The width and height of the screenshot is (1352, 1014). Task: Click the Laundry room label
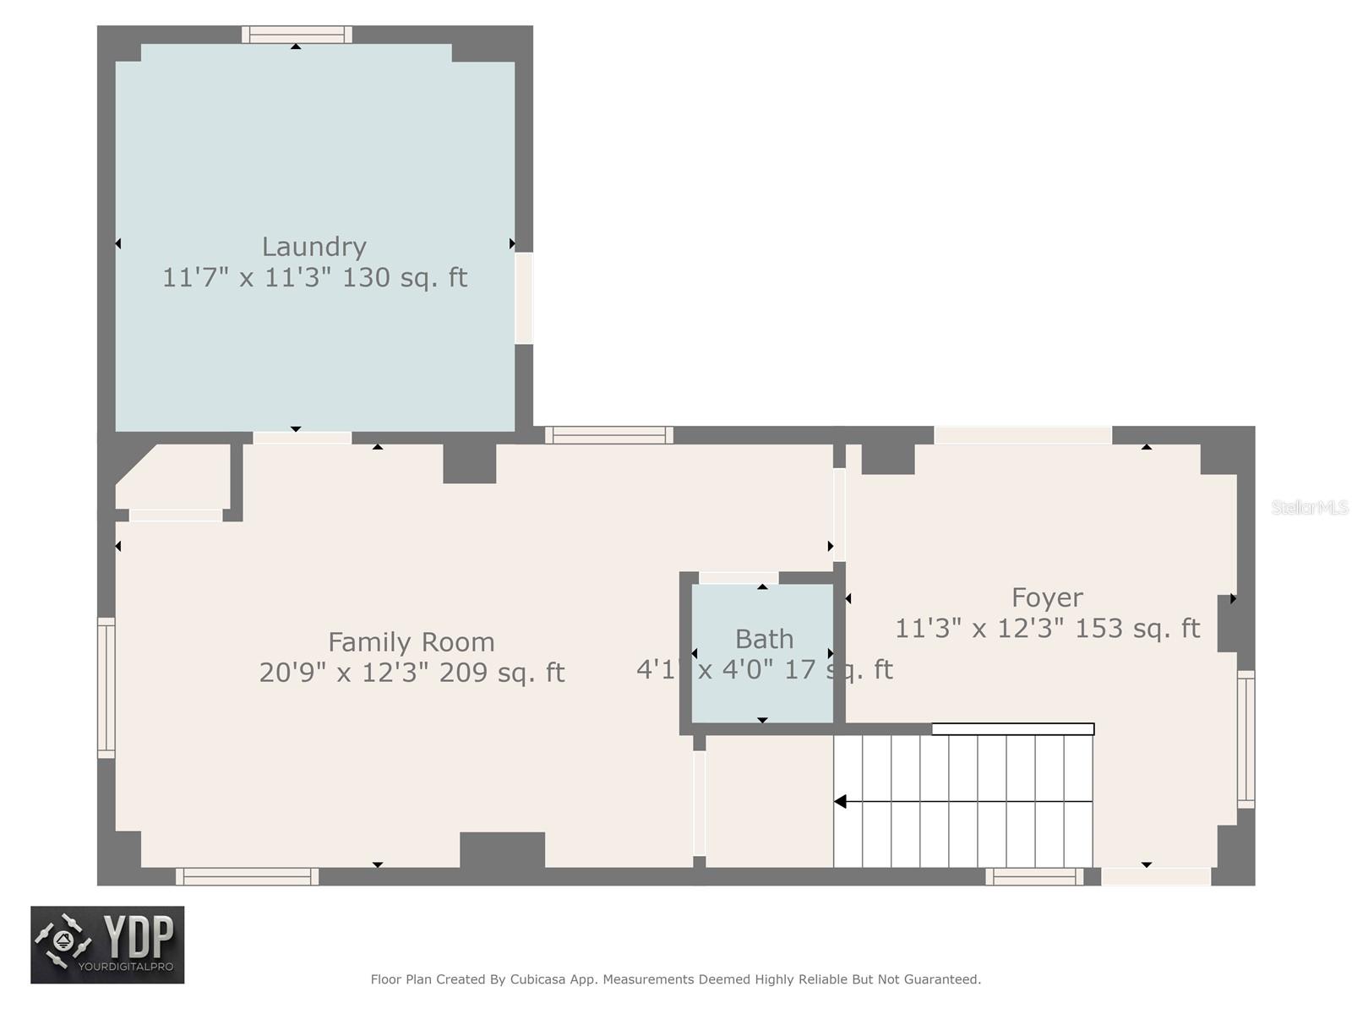313,247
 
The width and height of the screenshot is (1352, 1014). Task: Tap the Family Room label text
411,642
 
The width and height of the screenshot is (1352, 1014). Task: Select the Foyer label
1046,597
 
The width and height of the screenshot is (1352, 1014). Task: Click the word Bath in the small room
764,639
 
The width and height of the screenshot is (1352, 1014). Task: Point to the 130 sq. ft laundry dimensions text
313,277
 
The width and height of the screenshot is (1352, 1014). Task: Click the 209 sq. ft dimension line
411,673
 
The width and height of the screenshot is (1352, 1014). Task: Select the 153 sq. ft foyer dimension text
1046,629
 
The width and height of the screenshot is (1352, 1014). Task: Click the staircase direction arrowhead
840,801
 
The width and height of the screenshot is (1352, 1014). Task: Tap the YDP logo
107,944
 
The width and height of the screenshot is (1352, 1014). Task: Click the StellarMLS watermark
1309,507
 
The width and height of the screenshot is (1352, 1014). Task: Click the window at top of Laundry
297,35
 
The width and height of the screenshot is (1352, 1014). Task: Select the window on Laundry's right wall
524,297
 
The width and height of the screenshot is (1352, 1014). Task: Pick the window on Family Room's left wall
106,687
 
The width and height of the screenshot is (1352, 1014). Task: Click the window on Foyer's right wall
1246,739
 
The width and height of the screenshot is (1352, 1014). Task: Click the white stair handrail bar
1012,729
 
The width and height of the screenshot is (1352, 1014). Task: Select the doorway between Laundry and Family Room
302,438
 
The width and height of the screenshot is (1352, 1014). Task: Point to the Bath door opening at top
738,578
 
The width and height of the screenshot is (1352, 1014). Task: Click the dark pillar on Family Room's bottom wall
502,850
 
